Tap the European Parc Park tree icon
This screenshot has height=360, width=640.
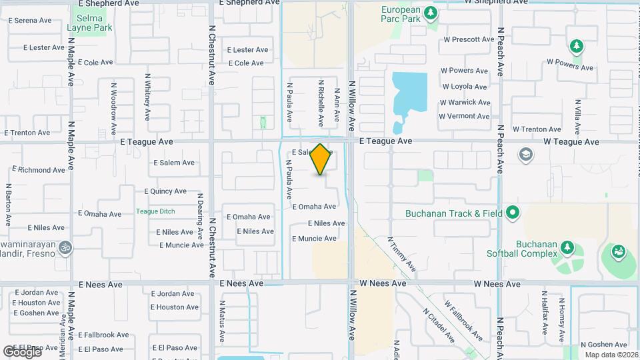tap(431, 12)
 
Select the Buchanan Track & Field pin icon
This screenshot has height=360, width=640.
tap(512, 213)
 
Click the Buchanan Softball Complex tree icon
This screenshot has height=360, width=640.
tap(567, 247)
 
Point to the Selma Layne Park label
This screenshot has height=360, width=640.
tap(89, 23)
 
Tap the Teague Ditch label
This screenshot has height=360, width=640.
tap(155, 211)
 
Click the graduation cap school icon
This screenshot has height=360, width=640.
tap(525, 155)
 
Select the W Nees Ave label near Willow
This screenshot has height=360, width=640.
tap(383, 284)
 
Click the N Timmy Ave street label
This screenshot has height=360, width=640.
tap(401, 253)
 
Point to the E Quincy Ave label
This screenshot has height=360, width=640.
tap(165, 191)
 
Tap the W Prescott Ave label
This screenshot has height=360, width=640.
tap(468, 39)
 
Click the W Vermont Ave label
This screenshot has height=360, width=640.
tap(464, 116)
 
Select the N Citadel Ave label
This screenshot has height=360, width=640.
tap(439, 325)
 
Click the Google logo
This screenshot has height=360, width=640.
tap(21, 351)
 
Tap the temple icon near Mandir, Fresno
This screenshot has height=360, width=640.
tap(65, 247)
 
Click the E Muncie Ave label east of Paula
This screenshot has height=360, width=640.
tap(313, 239)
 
